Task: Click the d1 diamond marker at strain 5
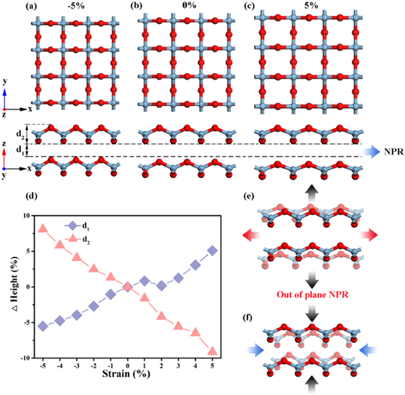pyautogui.click(x=212, y=250)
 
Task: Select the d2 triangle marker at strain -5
pyautogui.click(x=42, y=228)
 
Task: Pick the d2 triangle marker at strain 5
pyautogui.click(x=212, y=351)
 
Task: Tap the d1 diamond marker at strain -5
pyautogui.click(x=42, y=326)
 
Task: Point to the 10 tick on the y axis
pyautogui.click(x=26, y=216)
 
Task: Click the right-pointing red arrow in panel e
pyautogui.click(x=370, y=234)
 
